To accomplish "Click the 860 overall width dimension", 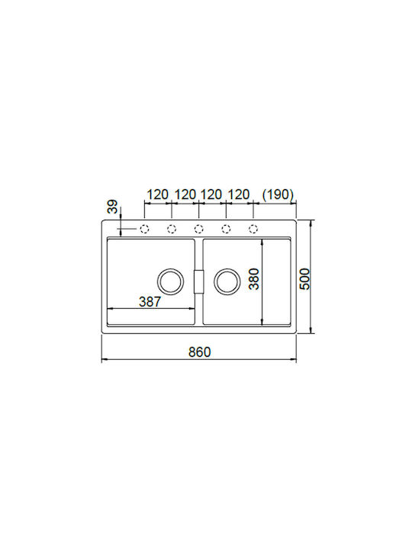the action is (x=199, y=352).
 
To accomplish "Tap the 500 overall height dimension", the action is (x=304, y=279).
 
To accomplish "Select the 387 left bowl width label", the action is (x=150, y=301).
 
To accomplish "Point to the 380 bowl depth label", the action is (x=253, y=279).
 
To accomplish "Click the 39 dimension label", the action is (x=112, y=207).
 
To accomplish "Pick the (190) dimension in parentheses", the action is (x=278, y=194).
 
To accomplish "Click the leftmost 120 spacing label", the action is (x=157, y=194).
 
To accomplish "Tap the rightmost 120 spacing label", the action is (x=239, y=194).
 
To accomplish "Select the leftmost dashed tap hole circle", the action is (x=144, y=229).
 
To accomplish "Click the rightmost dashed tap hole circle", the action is (x=253, y=229).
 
